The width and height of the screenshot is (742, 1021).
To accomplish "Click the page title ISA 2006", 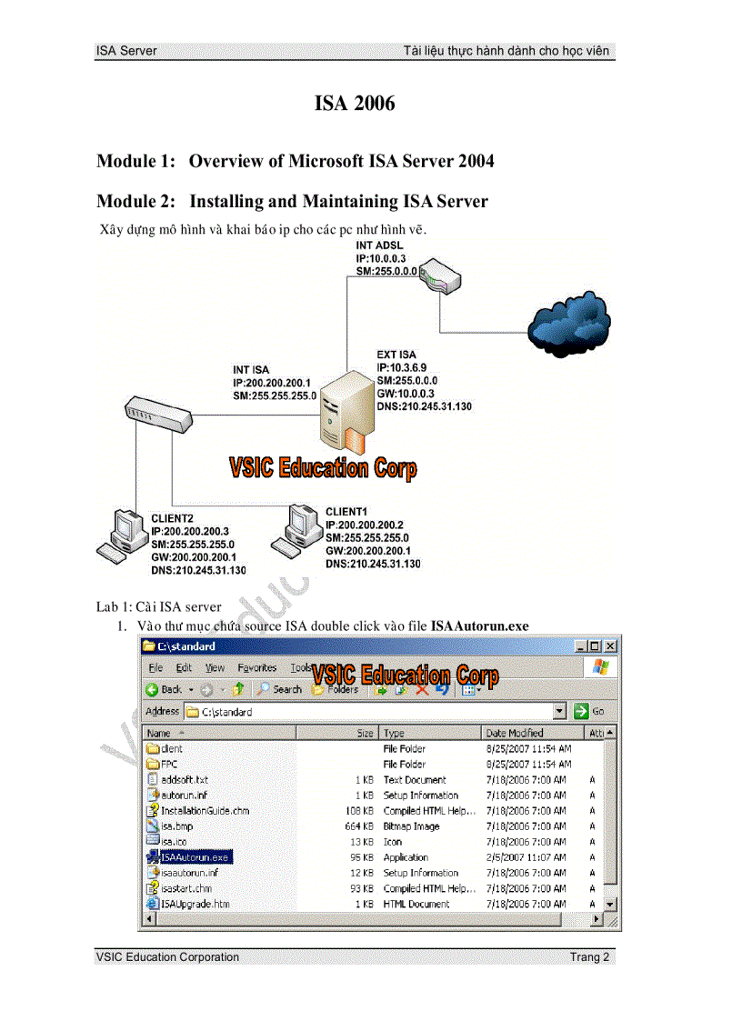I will point(355,104).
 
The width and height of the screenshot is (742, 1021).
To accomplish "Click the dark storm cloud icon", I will point(569,322).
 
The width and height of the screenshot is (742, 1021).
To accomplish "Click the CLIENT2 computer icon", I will point(119,536).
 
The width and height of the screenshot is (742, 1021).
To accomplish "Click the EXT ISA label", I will point(396,355).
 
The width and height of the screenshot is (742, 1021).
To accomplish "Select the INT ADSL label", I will point(379,245).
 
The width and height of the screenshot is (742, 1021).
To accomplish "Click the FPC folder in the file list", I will point(169,765).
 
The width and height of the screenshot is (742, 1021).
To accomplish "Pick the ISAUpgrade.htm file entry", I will point(195,904).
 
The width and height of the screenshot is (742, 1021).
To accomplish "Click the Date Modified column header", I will point(515,733).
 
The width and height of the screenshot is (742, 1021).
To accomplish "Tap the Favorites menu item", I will point(256,667).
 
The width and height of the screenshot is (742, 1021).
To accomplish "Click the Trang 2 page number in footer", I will point(589,956).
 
